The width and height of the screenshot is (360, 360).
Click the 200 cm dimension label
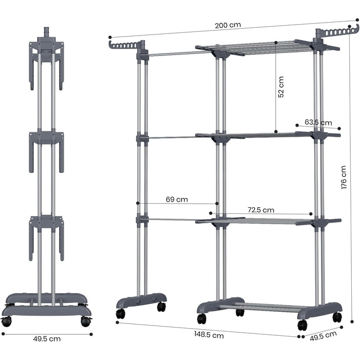[228, 25]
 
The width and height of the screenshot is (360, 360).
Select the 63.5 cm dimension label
[318, 122]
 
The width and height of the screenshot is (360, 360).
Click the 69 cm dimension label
[177, 199]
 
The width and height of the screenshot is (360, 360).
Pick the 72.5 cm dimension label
[261, 210]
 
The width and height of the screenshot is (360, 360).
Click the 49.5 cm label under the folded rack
[46, 339]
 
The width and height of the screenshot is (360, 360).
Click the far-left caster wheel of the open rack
[120, 314]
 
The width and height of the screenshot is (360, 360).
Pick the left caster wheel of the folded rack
[6, 322]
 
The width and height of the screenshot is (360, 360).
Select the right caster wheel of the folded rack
[85, 322]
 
